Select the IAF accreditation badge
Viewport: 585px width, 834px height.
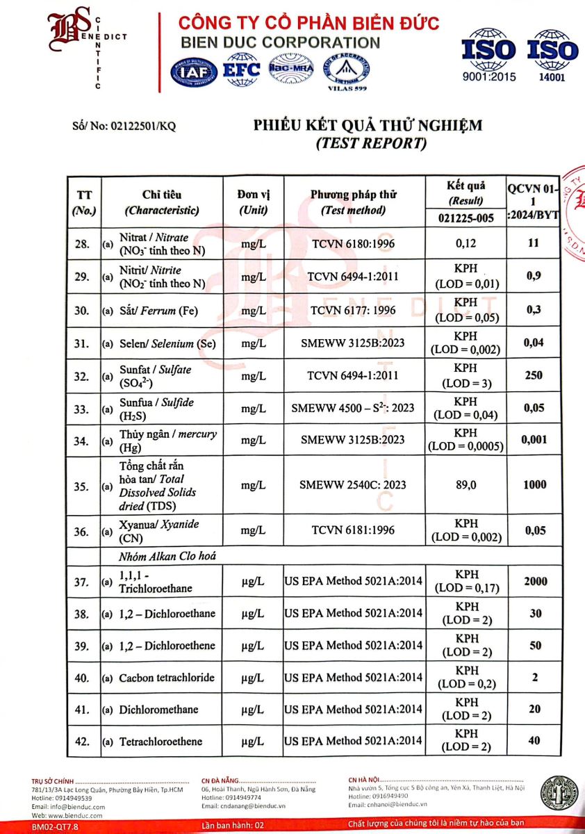click(x=194, y=71)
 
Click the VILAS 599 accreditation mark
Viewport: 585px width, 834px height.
click(x=347, y=72)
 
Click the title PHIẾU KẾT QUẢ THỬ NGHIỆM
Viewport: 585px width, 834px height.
click(x=368, y=125)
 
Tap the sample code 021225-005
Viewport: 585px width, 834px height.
click(x=467, y=218)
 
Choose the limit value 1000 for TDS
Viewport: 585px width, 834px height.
click(x=534, y=484)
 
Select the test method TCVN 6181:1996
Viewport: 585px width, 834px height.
click(x=353, y=530)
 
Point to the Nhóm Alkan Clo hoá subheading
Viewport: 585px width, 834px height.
click(x=159, y=555)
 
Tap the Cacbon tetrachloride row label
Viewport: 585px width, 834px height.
click(x=167, y=678)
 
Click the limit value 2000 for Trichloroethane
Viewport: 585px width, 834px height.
click(x=534, y=582)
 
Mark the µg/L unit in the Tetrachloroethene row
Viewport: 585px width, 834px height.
click(x=253, y=742)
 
